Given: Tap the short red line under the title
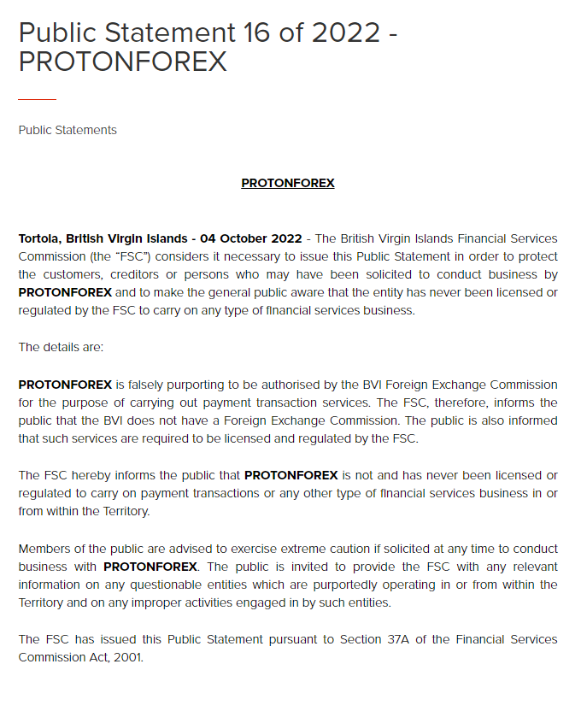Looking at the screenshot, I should pyautogui.click(x=37, y=100).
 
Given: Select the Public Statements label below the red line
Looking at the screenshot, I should pyautogui.click(x=67, y=130).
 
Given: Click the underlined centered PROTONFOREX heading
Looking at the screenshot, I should pyautogui.click(x=288, y=183).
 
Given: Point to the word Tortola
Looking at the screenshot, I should pyautogui.click(x=39, y=238).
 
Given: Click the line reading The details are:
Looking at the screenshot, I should pyautogui.click(x=60, y=347).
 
